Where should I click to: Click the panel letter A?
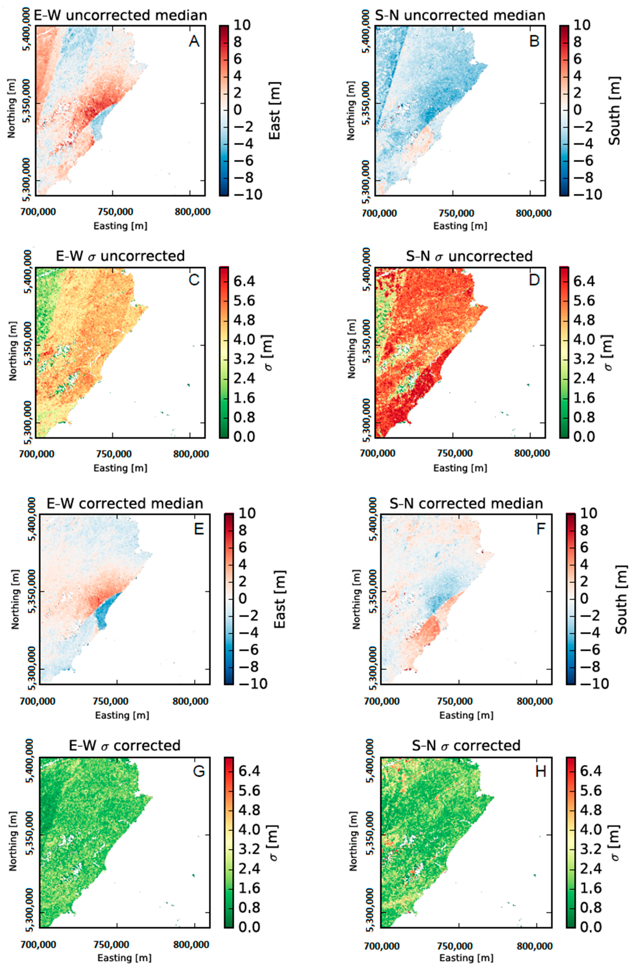pyautogui.click(x=194, y=41)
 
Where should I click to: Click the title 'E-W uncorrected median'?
pyautogui.click(x=121, y=16)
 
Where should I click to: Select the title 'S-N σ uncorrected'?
pyautogui.click(x=469, y=256)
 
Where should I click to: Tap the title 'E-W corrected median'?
pyautogui.click(x=125, y=504)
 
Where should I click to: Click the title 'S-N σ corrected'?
pyautogui.click(x=466, y=746)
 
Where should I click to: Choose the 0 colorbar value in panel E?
pyautogui.click(x=243, y=599)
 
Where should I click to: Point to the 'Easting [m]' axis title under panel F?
pyautogui.click(x=466, y=715)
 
